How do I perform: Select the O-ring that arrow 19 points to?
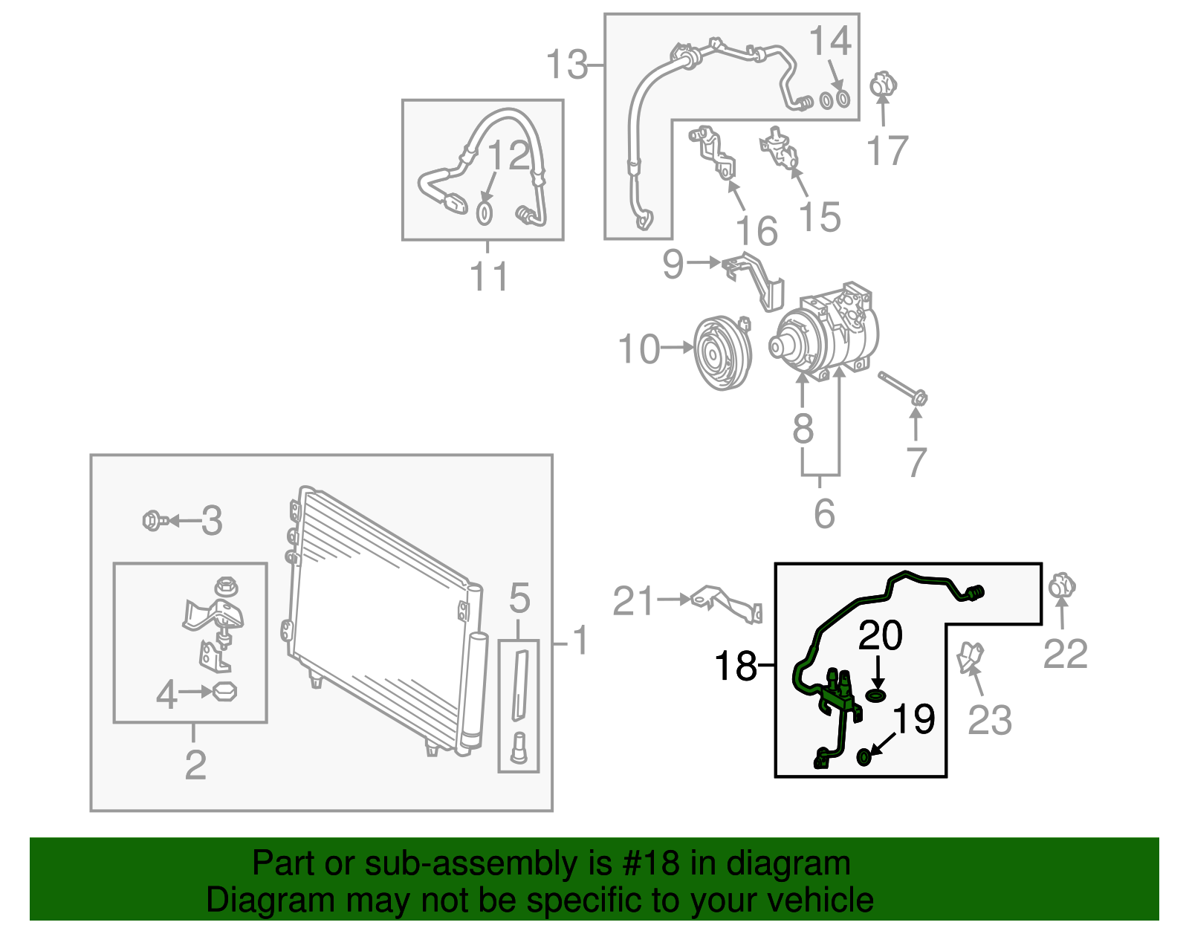click(864, 757)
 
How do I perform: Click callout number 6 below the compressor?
click(824, 513)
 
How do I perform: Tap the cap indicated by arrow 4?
click(225, 692)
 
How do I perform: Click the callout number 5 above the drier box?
click(519, 598)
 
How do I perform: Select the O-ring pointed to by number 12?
click(484, 213)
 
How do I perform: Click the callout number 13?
click(567, 64)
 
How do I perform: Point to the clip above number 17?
click(882, 85)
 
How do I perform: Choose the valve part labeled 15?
click(780, 148)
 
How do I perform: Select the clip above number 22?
click(1063, 586)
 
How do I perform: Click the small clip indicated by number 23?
click(970, 657)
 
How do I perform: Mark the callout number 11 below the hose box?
click(488, 276)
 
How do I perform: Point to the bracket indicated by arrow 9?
click(754, 279)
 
